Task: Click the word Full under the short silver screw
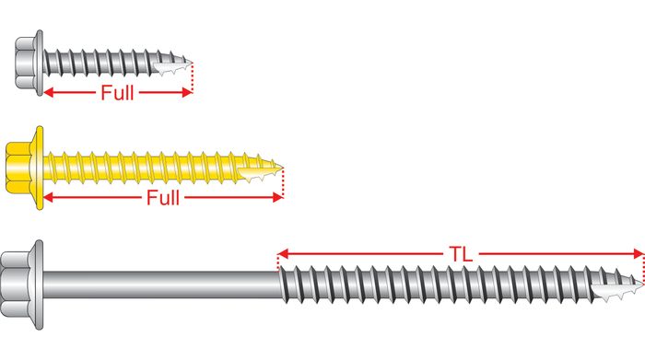[x=118, y=92]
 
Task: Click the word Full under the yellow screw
[x=163, y=198]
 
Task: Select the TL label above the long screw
[x=461, y=254]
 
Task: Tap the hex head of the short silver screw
[x=27, y=63]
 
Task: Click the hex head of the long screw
[x=15, y=285]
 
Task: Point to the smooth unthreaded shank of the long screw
[x=161, y=285]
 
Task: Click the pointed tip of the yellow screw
[x=282, y=167]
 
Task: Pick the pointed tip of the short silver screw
[x=191, y=63]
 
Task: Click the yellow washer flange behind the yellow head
[x=40, y=168]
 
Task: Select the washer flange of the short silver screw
[x=40, y=63]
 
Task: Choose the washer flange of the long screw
[x=39, y=285]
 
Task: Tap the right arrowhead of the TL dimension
[x=639, y=254]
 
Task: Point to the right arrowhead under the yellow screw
[x=278, y=198]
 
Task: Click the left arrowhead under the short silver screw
[x=49, y=92]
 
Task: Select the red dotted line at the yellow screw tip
[x=283, y=183]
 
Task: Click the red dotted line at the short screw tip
[x=192, y=77]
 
